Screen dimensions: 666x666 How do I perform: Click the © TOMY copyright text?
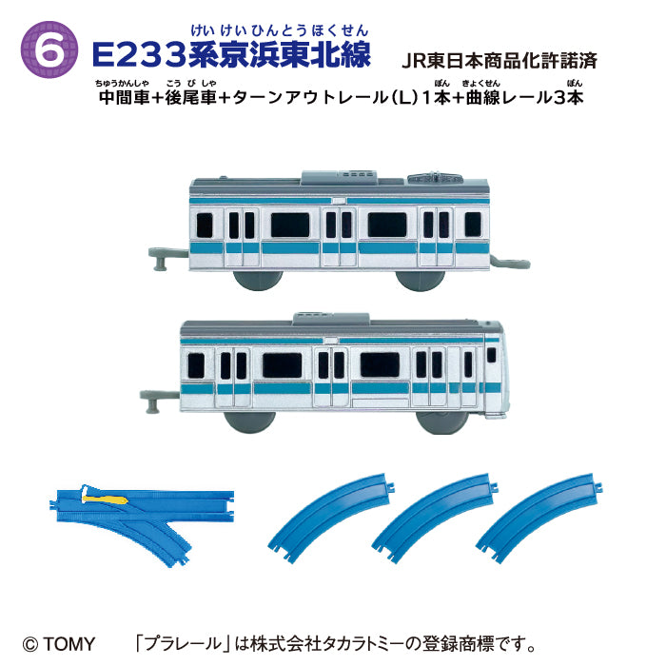pos(61,644)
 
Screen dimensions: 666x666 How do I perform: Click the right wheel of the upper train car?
pos(420,276)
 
